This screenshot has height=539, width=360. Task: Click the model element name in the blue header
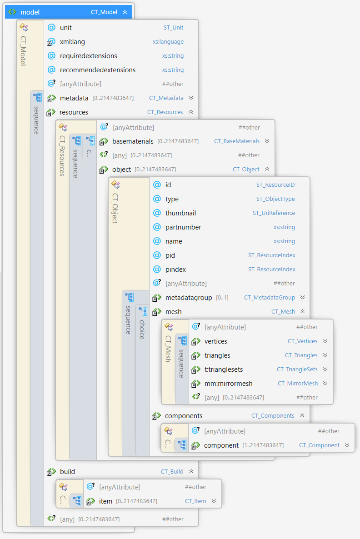pos(30,12)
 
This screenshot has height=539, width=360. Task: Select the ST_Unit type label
pos(173,28)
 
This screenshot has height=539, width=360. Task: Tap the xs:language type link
pos(168,42)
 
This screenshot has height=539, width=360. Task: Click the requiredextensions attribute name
pos(88,56)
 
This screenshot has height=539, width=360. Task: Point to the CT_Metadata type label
pos(166,98)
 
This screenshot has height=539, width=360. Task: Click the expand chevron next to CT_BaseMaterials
pos(267,141)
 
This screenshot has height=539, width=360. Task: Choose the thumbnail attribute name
pos(180,213)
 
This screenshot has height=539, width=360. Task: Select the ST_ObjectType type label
pos(275,199)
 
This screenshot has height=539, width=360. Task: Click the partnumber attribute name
pos(183,227)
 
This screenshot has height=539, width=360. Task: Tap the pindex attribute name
pos(175,269)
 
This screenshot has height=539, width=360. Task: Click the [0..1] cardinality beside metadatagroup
pos(222,298)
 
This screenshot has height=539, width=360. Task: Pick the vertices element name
pos(215,341)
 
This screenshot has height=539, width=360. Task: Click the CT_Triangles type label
pos(301,355)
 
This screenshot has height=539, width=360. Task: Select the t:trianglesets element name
pos(224,369)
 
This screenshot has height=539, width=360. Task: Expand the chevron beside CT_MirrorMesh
pos(325,383)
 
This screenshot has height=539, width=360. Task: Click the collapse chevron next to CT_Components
pos(302,415)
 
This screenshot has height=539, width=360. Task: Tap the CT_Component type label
pos(319,445)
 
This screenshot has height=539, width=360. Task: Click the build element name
pos(67,472)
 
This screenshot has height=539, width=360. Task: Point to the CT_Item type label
pos(195,501)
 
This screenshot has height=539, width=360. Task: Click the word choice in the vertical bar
pos(142,329)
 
